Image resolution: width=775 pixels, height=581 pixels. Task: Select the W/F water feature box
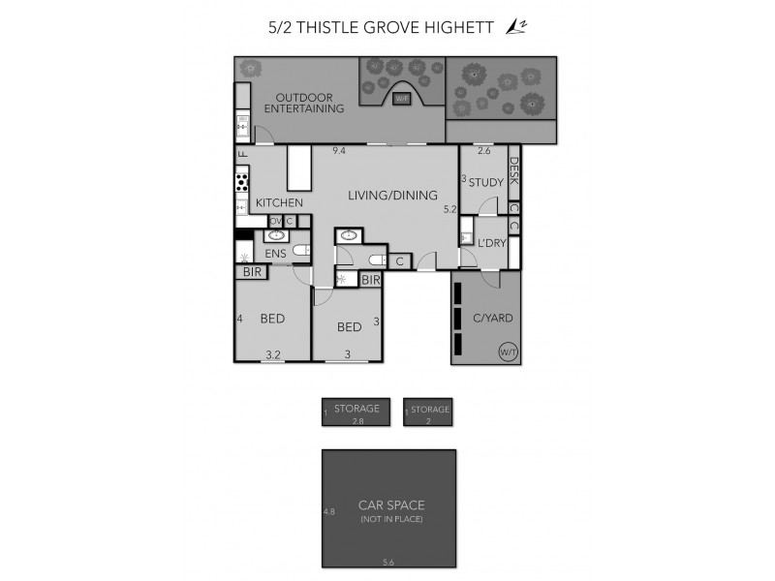tap(402, 97)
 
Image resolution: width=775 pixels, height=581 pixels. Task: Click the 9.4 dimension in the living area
tap(339, 151)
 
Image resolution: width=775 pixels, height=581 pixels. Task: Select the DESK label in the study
tap(514, 173)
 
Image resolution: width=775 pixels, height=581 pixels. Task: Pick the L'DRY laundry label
tap(491, 243)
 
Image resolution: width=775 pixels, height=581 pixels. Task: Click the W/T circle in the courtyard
tap(507, 352)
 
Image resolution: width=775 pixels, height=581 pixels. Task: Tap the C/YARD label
tap(492, 318)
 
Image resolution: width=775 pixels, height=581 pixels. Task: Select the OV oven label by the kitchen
tap(275, 222)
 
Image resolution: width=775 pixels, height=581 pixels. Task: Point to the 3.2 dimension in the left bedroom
tap(272, 355)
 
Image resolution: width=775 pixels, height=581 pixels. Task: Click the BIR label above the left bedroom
tap(253, 273)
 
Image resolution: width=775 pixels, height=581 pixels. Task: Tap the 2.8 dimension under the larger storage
tap(356, 421)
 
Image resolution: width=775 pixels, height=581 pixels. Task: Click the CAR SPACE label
tap(391, 505)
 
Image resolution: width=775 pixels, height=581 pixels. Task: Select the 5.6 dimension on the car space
tap(389, 562)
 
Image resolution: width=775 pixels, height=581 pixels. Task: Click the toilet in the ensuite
tap(300, 250)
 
